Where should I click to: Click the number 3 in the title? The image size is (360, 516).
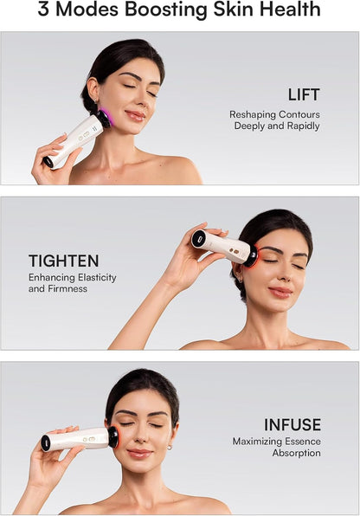(x=45, y=10)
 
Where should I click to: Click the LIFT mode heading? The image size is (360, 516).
(x=303, y=94)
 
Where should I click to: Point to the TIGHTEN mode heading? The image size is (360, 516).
(x=63, y=261)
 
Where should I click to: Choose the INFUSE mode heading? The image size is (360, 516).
(x=292, y=424)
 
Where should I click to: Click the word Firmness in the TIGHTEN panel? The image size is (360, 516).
(x=70, y=288)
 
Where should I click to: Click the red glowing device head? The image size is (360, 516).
(x=252, y=255)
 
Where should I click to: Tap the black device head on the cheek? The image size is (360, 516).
(x=112, y=437)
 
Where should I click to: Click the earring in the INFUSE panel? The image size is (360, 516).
(x=170, y=447)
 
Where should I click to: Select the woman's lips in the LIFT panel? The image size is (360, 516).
(x=134, y=114)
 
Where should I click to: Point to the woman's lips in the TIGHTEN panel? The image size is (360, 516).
(x=280, y=292)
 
